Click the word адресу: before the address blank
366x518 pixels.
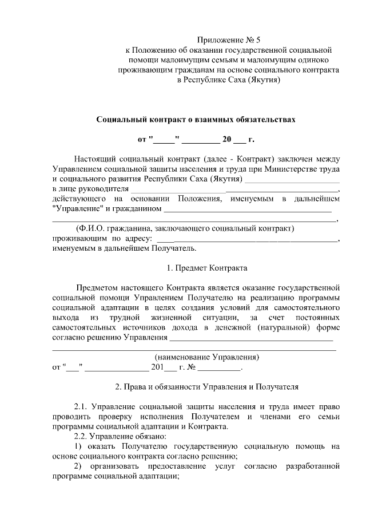point(136,239)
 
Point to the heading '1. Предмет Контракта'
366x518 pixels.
point(206,267)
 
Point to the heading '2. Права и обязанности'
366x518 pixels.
point(206,387)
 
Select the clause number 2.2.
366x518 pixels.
point(81,436)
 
